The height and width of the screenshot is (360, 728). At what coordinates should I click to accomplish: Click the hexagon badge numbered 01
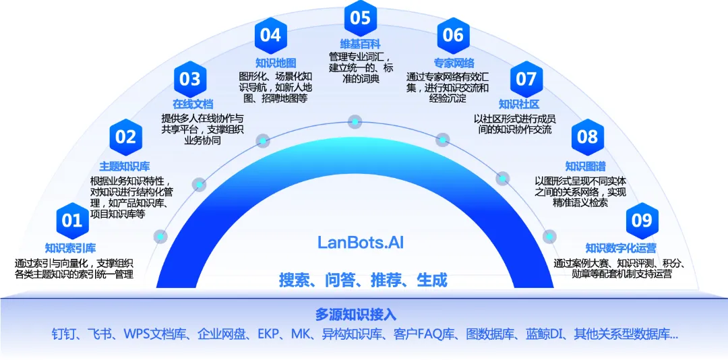[72, 220]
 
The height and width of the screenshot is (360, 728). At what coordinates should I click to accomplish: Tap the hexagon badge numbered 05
[361, 18]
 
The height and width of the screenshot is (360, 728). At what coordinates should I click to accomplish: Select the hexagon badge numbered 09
[642, 220]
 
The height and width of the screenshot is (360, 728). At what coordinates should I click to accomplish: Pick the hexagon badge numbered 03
[190, 79]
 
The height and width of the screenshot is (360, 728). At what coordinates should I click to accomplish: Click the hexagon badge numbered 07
[526, 79]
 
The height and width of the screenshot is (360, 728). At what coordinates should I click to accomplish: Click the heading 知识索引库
[71, 247]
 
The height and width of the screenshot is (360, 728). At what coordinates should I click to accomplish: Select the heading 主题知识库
[125, 166]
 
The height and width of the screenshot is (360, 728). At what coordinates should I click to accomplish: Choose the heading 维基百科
[360, 44]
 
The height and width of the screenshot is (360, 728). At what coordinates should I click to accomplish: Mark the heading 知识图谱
[586, 166]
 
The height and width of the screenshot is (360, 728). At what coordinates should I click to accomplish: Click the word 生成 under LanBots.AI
[432, 280]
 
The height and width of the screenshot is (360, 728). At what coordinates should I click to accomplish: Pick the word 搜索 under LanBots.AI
[294, 280]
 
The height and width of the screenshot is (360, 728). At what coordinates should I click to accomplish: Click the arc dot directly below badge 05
[355, 122]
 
